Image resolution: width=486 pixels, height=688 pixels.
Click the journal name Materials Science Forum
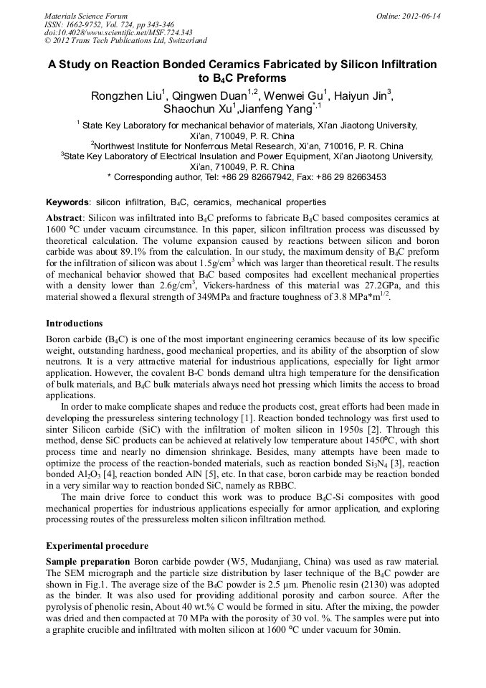tap(86, 16)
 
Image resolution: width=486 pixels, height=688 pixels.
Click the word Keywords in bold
tap(68, 202)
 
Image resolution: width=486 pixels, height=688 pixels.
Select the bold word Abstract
tap(65, 217)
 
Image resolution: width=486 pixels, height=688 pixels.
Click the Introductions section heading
tap(74, 324)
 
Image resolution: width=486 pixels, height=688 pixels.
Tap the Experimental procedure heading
tap(97, 546)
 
